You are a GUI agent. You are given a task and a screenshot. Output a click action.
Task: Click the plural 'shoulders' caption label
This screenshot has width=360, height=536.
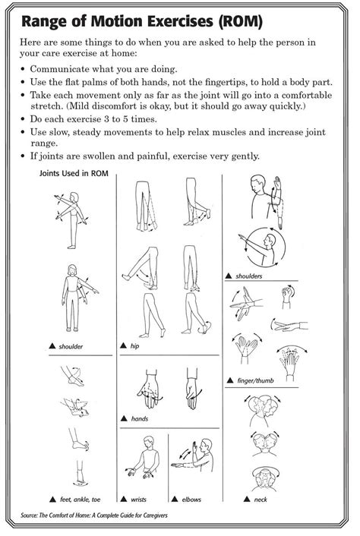click(251, 276)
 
